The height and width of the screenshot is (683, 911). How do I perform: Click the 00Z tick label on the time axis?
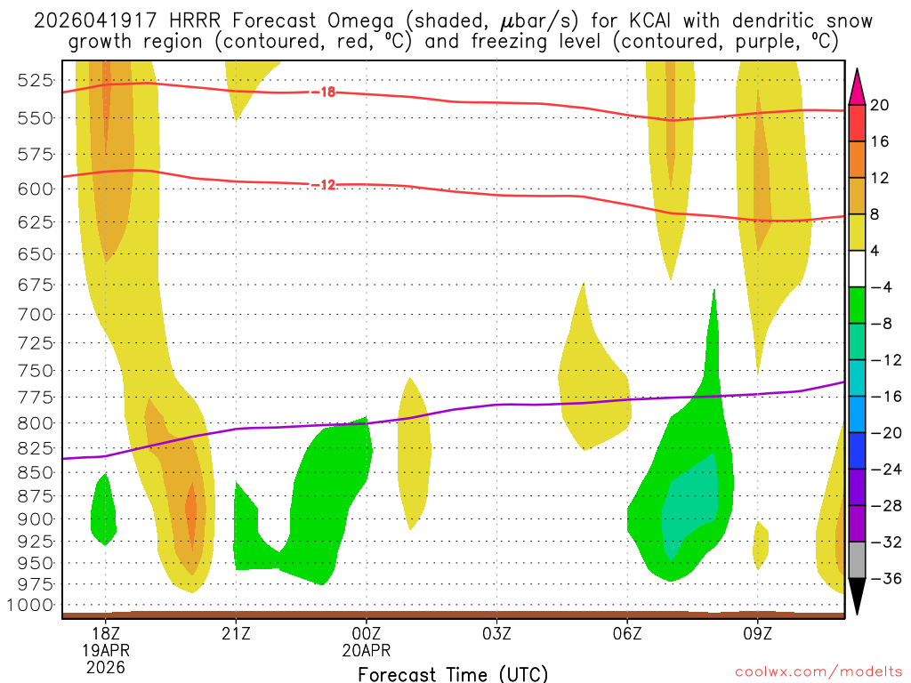click(x=367, y=635)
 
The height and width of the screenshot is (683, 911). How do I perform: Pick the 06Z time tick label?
click(x=627, y=635)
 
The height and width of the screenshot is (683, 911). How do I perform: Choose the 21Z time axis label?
click(x=236, y=635)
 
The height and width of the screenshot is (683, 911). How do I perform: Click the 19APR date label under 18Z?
click(x=106, y=650)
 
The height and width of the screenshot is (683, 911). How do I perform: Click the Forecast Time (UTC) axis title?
click(x=453, y=673)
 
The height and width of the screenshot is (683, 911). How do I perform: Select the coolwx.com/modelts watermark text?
click(x=817, y=673)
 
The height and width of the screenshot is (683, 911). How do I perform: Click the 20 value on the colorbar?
click(x=880, y=105)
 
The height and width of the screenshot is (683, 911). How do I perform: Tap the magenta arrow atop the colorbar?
click(x=858, y=86)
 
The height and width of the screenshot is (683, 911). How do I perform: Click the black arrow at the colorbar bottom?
click(x=858, y=597)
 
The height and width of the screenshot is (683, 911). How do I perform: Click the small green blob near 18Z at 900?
click(x=104, y=512)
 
